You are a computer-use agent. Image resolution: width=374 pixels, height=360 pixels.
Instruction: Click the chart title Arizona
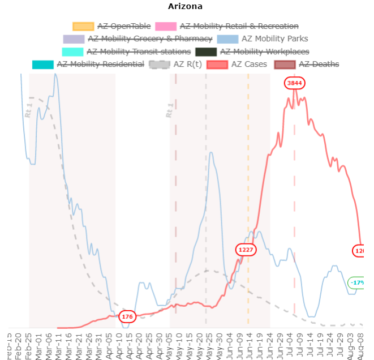pyautogui.click(x=185, y=7)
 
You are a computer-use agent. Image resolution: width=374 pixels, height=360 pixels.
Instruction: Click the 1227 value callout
pyautogui.click(x=246, y=249)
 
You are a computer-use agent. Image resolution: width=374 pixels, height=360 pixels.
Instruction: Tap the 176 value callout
pyautogui.click(x=127, y=316)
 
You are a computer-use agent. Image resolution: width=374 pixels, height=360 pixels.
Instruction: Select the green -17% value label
pyautogui.click(x=356, y=282)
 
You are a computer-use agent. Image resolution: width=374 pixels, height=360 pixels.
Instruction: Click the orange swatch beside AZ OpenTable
pyautogui.click(x=83, y=26)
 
